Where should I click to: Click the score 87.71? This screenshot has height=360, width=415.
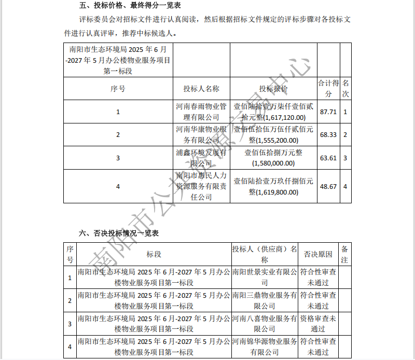click(328, 112)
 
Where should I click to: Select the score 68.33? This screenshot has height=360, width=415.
click(328, 134)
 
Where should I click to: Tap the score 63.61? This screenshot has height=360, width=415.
click(328, 158)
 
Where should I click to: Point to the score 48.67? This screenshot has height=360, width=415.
click(328, 186)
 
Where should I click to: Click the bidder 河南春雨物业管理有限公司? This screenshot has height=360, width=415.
click(201, 112)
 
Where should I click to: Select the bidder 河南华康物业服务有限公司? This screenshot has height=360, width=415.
click(201, 134)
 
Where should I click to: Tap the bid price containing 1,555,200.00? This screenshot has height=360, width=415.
click(273, 134)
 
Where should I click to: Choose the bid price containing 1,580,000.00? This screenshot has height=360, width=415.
click(273, 158)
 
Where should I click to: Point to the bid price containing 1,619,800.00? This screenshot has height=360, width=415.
click(273, 186)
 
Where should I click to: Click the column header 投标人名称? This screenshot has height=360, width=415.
click(201, 89)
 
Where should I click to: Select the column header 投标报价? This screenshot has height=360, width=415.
click(273, 89)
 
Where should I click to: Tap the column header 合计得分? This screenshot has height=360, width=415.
click(328, 89)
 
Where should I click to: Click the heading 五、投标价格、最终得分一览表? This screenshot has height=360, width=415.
click(122, 6)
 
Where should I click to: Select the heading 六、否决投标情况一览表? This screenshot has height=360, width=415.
click(119, 233)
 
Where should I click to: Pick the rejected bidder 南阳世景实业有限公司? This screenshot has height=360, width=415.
click(265, 277)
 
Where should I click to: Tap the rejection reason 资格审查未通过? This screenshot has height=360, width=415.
click(318, 323)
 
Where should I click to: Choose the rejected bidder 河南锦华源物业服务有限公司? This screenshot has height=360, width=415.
click(265, 347)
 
